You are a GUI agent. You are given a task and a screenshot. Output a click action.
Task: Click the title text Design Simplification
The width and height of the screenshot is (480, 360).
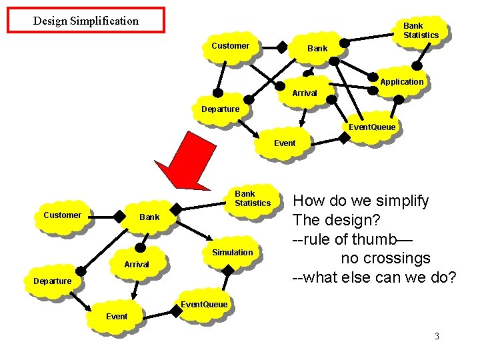(x=86, y=21)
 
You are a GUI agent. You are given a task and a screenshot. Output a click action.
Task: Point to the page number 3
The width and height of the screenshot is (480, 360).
(x=437, y=336)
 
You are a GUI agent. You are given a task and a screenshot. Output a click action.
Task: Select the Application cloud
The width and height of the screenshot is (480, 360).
(x=401, y=82)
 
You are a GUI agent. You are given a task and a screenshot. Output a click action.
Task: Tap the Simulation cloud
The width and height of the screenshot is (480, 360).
(x=232, y=253)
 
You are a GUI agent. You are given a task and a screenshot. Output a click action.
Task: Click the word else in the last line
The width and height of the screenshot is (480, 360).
(x=367, y=277)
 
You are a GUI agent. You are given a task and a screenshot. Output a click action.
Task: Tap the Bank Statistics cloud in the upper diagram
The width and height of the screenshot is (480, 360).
(x=421, y=31)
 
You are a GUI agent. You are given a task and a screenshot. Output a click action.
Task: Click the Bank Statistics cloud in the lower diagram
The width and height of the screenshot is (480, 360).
(x=252, y=199)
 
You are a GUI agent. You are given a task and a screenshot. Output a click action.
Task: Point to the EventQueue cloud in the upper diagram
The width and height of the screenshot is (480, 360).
(x=371, y=127)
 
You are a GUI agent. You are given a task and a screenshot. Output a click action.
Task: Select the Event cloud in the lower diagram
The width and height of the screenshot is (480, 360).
(x=117, y=317)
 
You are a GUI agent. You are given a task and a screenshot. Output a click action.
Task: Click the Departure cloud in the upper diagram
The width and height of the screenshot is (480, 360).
(x=220, y=109)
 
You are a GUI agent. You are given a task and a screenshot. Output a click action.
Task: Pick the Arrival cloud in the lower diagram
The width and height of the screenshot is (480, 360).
(x=137, y=265)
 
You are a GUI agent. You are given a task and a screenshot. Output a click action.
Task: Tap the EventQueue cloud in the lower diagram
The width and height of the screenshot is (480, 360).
(x=204, y=305)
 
